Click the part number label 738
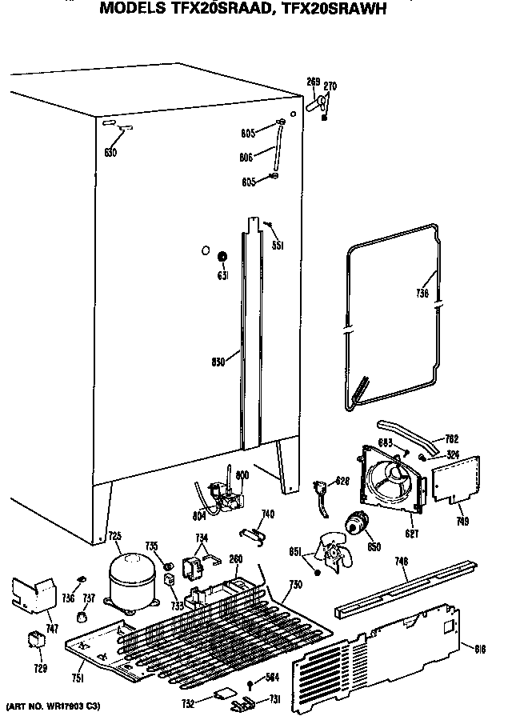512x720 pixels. [423, 294]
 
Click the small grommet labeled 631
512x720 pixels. [222, 258]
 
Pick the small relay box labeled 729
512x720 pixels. [36, 641]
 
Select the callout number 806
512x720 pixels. [246, 158]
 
